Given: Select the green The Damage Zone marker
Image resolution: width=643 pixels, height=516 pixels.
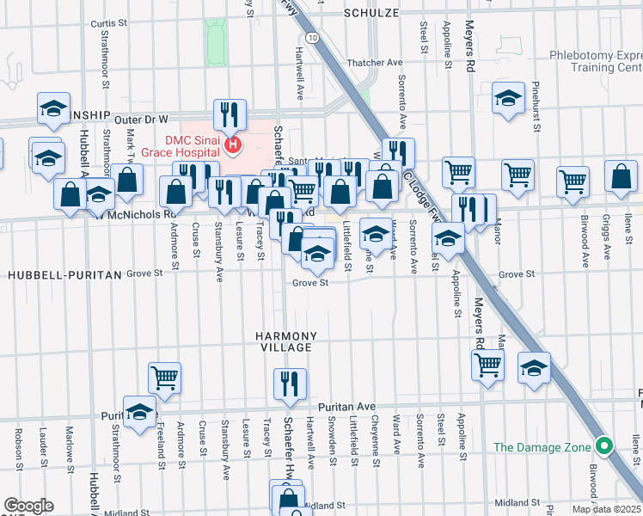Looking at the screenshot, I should [604, 446].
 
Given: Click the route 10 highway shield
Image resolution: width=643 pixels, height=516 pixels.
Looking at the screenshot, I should [310, 38].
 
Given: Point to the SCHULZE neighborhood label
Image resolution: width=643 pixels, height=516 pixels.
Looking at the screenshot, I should [372, 13].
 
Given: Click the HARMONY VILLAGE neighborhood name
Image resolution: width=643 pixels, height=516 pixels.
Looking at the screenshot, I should [286, 341].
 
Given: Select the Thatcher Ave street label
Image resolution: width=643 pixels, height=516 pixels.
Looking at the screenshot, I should [375, 63].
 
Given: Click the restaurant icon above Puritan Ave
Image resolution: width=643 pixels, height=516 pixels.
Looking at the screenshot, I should [290, 384].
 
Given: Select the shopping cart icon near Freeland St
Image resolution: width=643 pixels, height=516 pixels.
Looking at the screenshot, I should [164, 376].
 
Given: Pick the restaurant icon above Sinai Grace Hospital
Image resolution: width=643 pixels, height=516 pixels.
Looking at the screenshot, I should [230, 114].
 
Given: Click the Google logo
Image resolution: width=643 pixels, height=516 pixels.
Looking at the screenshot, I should [28, 506].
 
